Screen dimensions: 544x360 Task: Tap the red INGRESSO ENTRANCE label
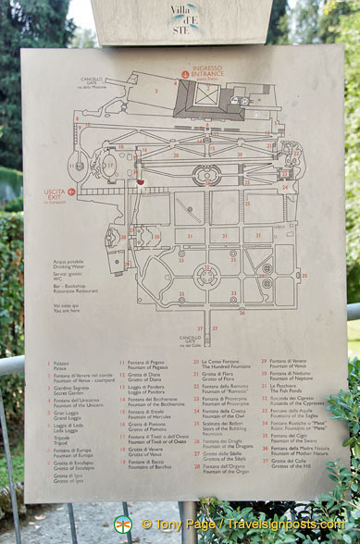[206, 72]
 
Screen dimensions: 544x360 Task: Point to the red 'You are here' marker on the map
[141, 182]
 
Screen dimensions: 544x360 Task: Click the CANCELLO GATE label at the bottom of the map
[191, 340]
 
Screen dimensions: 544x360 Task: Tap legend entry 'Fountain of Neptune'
[291, 378]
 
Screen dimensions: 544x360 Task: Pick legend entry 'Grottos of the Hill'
[291, 464]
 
